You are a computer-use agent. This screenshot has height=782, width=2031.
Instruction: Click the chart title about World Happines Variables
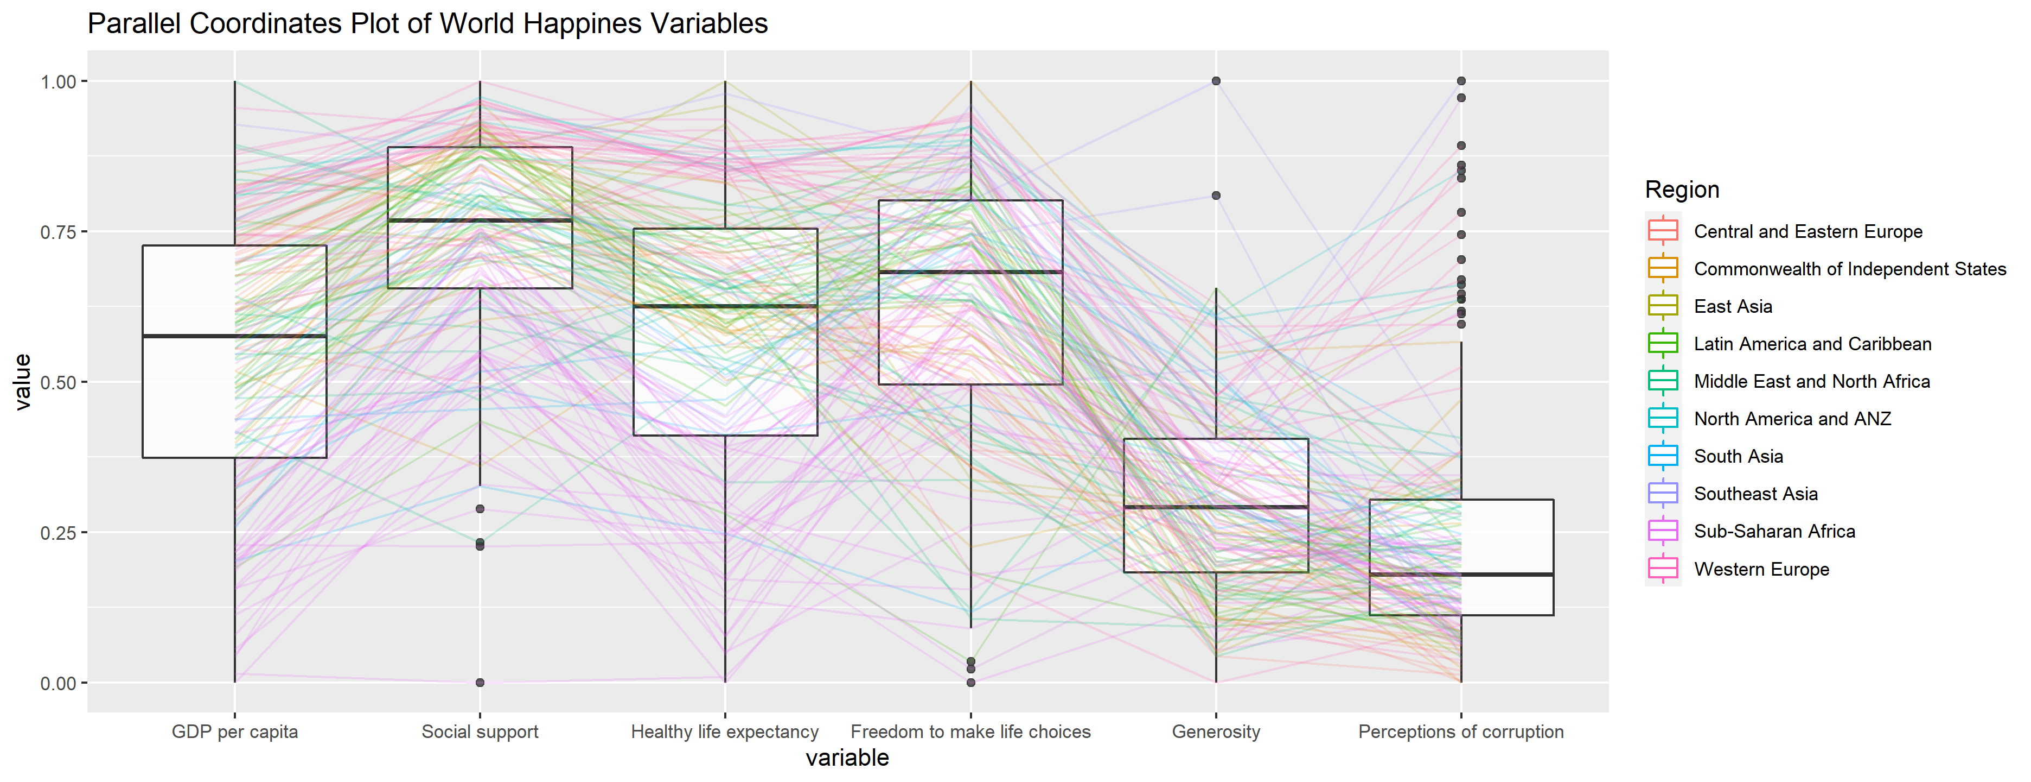coord(427,24)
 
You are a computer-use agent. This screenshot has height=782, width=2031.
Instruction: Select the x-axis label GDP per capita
coord(235,731)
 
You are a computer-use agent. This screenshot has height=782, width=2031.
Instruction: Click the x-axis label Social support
coord(480,731)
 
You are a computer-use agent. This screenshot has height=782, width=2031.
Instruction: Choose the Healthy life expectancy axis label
coord(725,731)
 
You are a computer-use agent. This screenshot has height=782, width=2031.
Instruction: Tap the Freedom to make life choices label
coord(970,731)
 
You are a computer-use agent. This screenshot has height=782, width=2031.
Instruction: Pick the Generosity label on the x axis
coord(1216,731)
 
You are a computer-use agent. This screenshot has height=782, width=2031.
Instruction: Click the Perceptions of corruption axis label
coord(1461,731)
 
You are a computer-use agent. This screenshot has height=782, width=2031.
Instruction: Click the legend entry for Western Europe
coord(1761,569)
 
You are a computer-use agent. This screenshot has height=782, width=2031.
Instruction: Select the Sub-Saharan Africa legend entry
coord(1774,531)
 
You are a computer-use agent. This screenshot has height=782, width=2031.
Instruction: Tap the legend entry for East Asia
coord(1733,306)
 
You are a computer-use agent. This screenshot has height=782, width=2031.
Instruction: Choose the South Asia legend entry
coord(1739,456)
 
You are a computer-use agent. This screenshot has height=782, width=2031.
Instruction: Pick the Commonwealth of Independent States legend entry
coord(1850,269)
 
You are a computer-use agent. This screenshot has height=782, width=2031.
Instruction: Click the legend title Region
coord(1682,190)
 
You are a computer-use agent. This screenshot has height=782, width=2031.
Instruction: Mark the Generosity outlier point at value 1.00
coord(1216,81)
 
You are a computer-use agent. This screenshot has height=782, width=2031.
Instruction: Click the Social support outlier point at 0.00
coord(480,683)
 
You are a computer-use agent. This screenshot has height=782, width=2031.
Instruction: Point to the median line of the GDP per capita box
coord(234,336)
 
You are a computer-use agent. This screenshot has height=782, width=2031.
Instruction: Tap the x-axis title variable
coord(847,758)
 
